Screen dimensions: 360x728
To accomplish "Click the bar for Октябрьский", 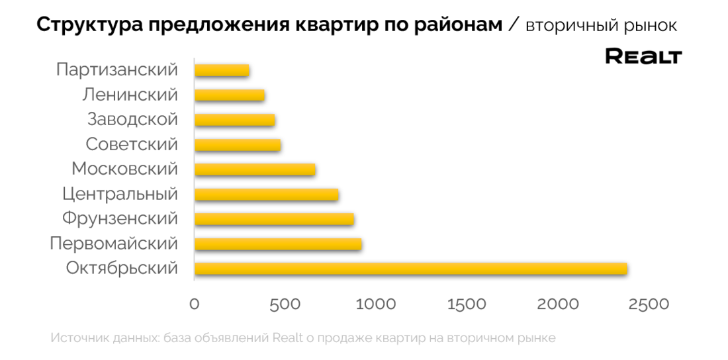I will (x=410, y=269).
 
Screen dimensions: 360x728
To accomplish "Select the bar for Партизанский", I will (x=222, y=70).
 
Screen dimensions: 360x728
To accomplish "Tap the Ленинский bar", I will (x=230, y=95).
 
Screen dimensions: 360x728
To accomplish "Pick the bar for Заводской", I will (x=235, y=120).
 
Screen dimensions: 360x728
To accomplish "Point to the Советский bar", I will (x=238, y=145).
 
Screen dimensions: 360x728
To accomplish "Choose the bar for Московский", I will (x=255, y=169).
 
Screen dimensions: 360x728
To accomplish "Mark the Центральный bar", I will (x=267, y=195).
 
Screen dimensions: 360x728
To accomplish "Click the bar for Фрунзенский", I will (x=274, y=219).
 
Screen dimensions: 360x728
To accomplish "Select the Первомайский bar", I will (x=278, y=244).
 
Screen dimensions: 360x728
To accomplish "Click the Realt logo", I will (x=643, y=57).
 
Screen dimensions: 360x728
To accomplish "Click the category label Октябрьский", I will (x=122, y=269).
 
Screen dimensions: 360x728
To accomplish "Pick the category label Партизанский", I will (x=117, y=70).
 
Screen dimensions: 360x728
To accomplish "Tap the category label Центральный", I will (x=120, y=195).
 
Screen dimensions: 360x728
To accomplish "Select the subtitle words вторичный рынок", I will (x=601, y=26).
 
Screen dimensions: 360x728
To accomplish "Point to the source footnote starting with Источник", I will (x=302, y=337).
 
